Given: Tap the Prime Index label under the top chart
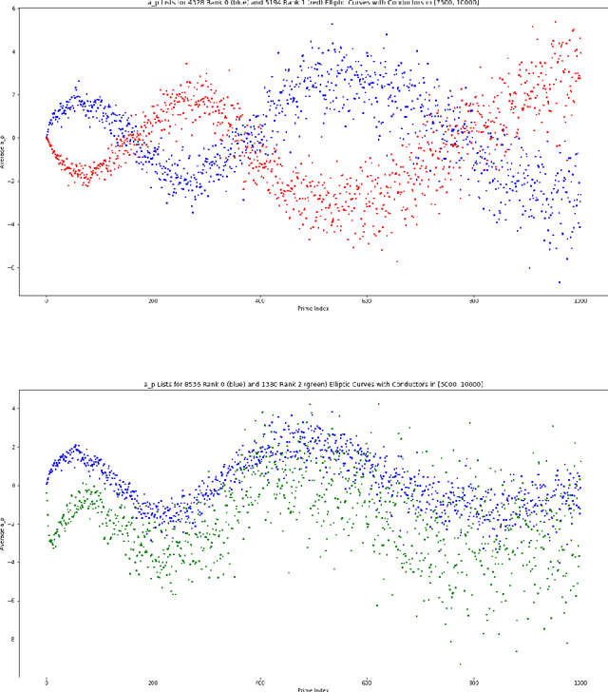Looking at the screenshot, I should pyautogui.click(x=313, y=309).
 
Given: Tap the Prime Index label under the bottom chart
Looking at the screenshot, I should pyautogui.click(x=313, y=688).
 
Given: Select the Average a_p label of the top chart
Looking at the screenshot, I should pyautogui.click(x=7, y=150).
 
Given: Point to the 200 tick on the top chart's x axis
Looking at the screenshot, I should pyautogui.click(x=153, y=300).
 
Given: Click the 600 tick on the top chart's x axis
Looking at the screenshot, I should pyautogui.click(x=367, y=300).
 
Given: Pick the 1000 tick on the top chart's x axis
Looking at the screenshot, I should pyautogui.click(x=579, y=300).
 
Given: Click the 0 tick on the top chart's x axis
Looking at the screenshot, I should pyautogui.click(x=47, y=300).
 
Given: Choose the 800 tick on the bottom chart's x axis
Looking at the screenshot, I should pyautogui.click(x=473, y=681).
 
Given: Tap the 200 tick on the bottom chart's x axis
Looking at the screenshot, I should pyautogui.click(x=153, y=681).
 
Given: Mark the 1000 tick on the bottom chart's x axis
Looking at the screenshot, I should pyautogui.click(x=579, y=681).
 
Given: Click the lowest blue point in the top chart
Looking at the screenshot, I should pyautogui.click(x=560, y=281).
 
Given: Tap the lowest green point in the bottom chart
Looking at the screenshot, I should pyautogui.click(x=461, y=664).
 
